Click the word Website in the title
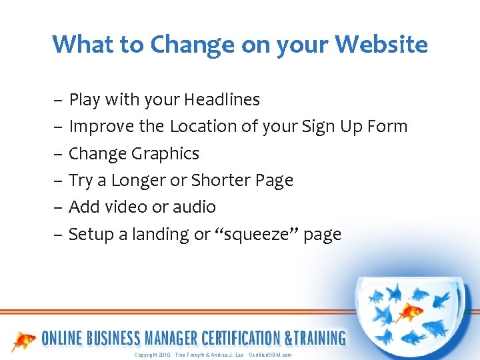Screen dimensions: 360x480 point(381,45)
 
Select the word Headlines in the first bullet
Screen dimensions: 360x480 point(222,100)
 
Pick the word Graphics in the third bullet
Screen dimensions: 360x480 point(165,154)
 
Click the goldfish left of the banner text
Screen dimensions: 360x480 point(25,341)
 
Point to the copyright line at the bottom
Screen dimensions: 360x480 point(213,355)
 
